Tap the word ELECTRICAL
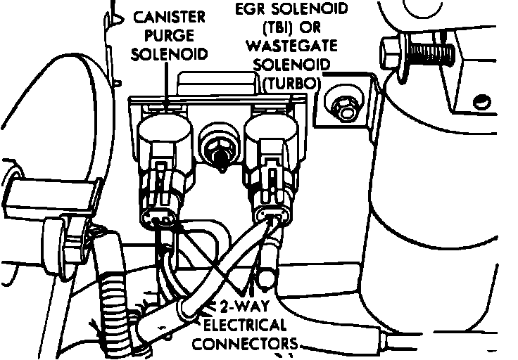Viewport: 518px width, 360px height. (244, 326)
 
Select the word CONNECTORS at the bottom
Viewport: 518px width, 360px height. (244, 344)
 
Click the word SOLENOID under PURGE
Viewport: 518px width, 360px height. (171, 53)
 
